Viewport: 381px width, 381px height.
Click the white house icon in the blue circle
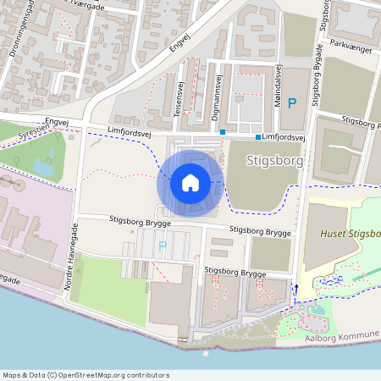click(190, 182)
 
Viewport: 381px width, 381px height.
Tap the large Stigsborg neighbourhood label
click(273, 159)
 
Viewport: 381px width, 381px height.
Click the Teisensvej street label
click(179, 98)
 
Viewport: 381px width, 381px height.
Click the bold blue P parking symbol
click(292, 103)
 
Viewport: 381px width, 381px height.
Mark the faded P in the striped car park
click(163, 246)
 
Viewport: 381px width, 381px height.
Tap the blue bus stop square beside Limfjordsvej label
click(257, 136)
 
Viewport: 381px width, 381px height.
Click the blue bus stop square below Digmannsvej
click(223, 132)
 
